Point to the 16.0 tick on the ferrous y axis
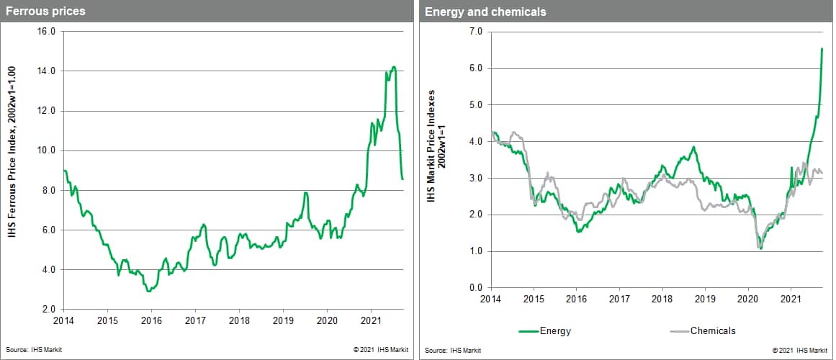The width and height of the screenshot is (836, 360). pyautogui.click(x=47, y=32)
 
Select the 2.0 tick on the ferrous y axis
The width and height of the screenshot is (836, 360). pyautogui.click(x=49, y=309)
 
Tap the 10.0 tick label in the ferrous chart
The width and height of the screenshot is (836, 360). pyautogui.click(x=47, y=150)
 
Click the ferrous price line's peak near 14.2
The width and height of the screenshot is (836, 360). pyautogui.click(x=393, y=67)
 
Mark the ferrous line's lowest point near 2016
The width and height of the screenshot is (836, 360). pyautogui.click(x=148, y=291)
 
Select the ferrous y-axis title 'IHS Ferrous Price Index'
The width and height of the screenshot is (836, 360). pyautogui.click(x=13, y=170)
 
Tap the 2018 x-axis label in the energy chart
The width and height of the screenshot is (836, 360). pyautogui.click(x=662, y=298)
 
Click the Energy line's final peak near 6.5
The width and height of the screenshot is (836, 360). pyautogui.click(x=822, y=48)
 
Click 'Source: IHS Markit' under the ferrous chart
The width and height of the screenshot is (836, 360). pyautogui.click(x=30, y=349)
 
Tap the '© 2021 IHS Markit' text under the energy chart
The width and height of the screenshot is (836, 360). pyautogui.click(x=800, y=350)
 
